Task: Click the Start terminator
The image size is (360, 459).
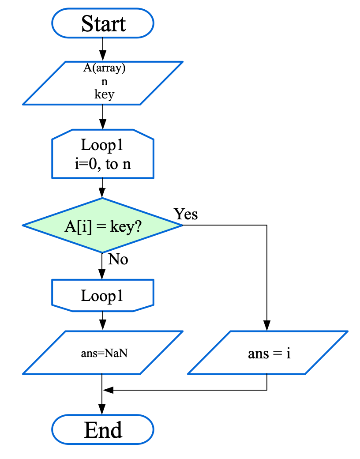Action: pyautogui.click(x=103, y=23)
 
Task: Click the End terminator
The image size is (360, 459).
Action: pyautogui.click(x=103, y=429)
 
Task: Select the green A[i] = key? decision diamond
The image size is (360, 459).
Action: pyautogui.click(x=102, y=226)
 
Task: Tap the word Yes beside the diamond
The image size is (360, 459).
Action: pyautogui.click(x=186, y=214)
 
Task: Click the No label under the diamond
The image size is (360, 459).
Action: pyautogui.click(x=118, y=260)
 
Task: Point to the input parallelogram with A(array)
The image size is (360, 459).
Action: pyautogui.click(x=103, y=83)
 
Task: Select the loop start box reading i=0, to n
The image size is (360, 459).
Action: pyautogui.click(x=103, y=154)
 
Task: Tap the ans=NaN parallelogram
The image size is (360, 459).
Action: pyautogui.click(x=103, y=353)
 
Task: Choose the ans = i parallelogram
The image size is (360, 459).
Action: pyautogui.click(x=268, y=353)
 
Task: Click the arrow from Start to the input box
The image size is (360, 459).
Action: pyautogui.click(x=103, y=49)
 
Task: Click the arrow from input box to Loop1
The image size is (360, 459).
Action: pyautogui.click(x=103, y=117)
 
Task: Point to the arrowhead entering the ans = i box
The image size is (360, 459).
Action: pyautogui.click(x=267, y=326)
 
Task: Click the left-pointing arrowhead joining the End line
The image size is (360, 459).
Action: pyautogui.click(x=108, y=390)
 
